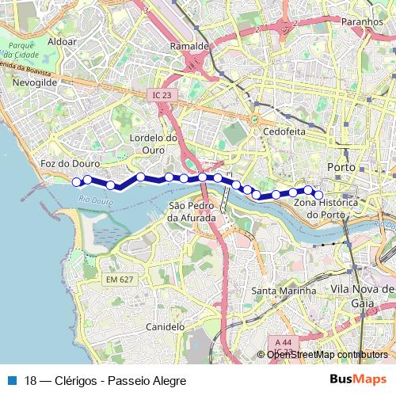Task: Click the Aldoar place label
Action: click(x=63, y=40)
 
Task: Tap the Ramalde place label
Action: click(x=189, y=47)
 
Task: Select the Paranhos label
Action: click(x=362, y=22)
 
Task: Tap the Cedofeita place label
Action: click(x=283, y=131)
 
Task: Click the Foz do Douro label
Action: click(x=69, y=163)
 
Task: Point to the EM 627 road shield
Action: click(x=120, y=280)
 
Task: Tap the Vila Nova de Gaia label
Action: click(x=363, y=296)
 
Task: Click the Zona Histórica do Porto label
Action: click(x=326, y=209)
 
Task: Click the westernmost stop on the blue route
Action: click(x=77, y=182)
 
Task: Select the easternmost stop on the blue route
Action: click(x=319, y=194)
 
